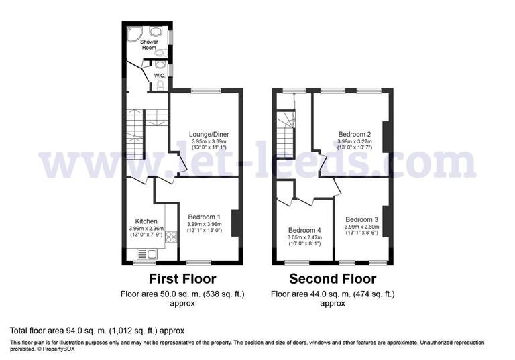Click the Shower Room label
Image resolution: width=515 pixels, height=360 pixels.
[148, 45]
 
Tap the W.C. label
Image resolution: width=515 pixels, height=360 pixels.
[160, 75]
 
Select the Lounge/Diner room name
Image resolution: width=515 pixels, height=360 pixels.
[204, 134]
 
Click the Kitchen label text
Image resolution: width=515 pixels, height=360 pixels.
[146, 221]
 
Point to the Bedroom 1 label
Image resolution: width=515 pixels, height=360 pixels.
[205, 217]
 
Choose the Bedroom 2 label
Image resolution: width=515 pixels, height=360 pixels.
[354, 134]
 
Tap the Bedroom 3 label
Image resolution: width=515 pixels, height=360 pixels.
[361, 219]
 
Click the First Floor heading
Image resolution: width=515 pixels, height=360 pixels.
[182, 278]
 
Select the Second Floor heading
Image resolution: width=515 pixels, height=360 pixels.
[333, 278]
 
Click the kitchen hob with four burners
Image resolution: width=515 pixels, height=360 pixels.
[170, 237]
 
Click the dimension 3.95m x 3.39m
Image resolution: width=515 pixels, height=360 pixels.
[209, 141]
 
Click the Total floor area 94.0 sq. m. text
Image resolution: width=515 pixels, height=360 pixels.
[97, 331]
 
